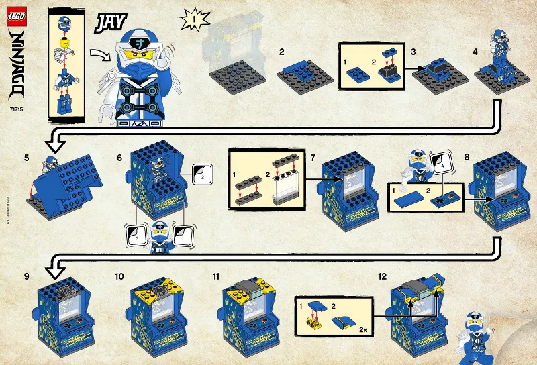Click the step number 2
[282, 52]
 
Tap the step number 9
[26, 275]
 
